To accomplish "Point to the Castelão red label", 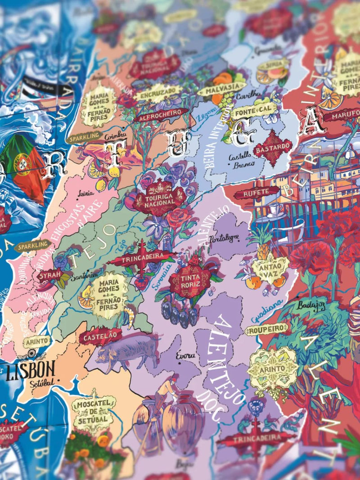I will pyautogui.click(x=101, y=336).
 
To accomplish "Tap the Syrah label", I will pyautogui.click(x=49, y=276).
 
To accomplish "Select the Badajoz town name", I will pyautogui.click(x=310, y=306).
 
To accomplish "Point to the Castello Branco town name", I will pyautogui.click(x=242, y=161).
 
